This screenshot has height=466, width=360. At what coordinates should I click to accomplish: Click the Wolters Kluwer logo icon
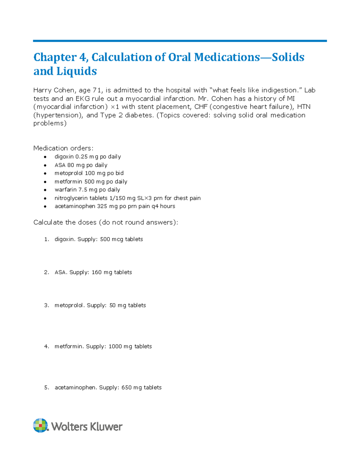(40, 425)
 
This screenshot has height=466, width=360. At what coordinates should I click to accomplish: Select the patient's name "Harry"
(42, 90)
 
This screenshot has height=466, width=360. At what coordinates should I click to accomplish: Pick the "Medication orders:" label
(63, 148)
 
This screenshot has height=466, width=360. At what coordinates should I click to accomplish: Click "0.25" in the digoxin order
(81, 157)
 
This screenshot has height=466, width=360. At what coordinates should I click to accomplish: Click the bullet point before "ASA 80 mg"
(45, 165)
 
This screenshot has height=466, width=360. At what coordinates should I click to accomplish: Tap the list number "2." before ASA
(46, 272)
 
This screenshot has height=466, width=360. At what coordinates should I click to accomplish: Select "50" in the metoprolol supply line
(112, 305)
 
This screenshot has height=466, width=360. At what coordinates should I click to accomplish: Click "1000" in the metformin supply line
(115, 346)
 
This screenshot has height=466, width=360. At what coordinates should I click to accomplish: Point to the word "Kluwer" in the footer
(107, 426)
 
